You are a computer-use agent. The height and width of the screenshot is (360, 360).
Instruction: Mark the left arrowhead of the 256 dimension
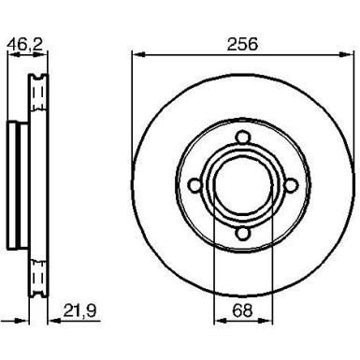click(x=136, y=56)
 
